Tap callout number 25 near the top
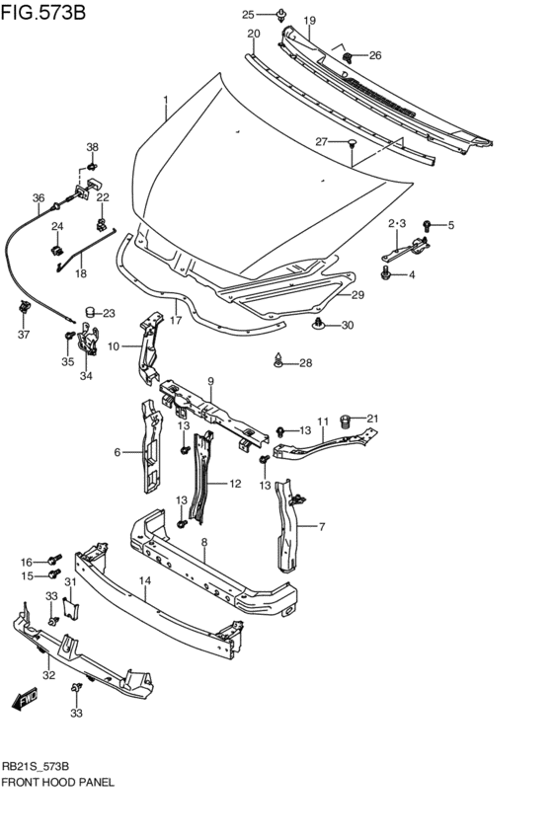248,14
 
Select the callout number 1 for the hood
166,101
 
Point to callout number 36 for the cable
38,198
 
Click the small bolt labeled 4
386,274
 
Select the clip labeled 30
319,325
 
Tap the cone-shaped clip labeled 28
280,361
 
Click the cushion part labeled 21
347,421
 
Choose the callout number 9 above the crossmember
210,381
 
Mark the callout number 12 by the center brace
235,484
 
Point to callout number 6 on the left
118,452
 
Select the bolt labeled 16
55,561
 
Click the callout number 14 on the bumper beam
144,582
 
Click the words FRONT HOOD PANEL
57,781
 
